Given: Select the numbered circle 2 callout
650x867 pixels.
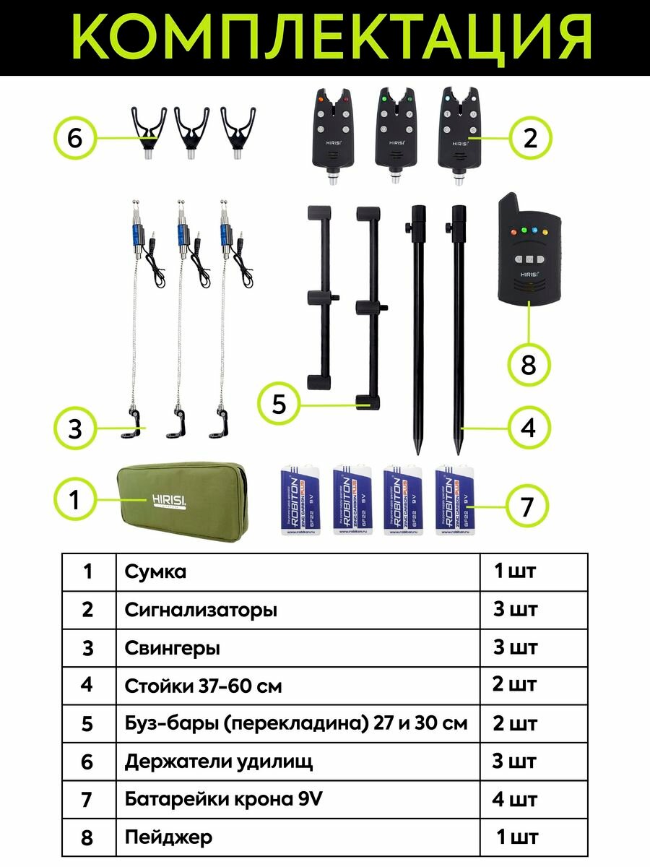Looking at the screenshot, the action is click(x=530, y=137).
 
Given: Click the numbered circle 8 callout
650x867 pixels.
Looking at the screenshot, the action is click(x=529, y=364).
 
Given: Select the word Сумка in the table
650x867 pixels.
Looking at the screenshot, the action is click(x=155, y=571).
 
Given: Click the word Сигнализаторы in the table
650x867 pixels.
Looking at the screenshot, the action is click(x=200, y=610).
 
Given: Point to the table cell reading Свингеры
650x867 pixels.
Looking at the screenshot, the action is click(x=173, y=648).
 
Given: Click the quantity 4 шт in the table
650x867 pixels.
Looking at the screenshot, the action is click(x=515, y=800).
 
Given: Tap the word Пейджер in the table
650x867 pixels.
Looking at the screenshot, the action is click(x=168, y=837).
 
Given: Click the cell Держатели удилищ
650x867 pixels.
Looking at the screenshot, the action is click(x=218, y=762).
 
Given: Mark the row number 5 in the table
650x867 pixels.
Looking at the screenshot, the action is click(x=87, y=723).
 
